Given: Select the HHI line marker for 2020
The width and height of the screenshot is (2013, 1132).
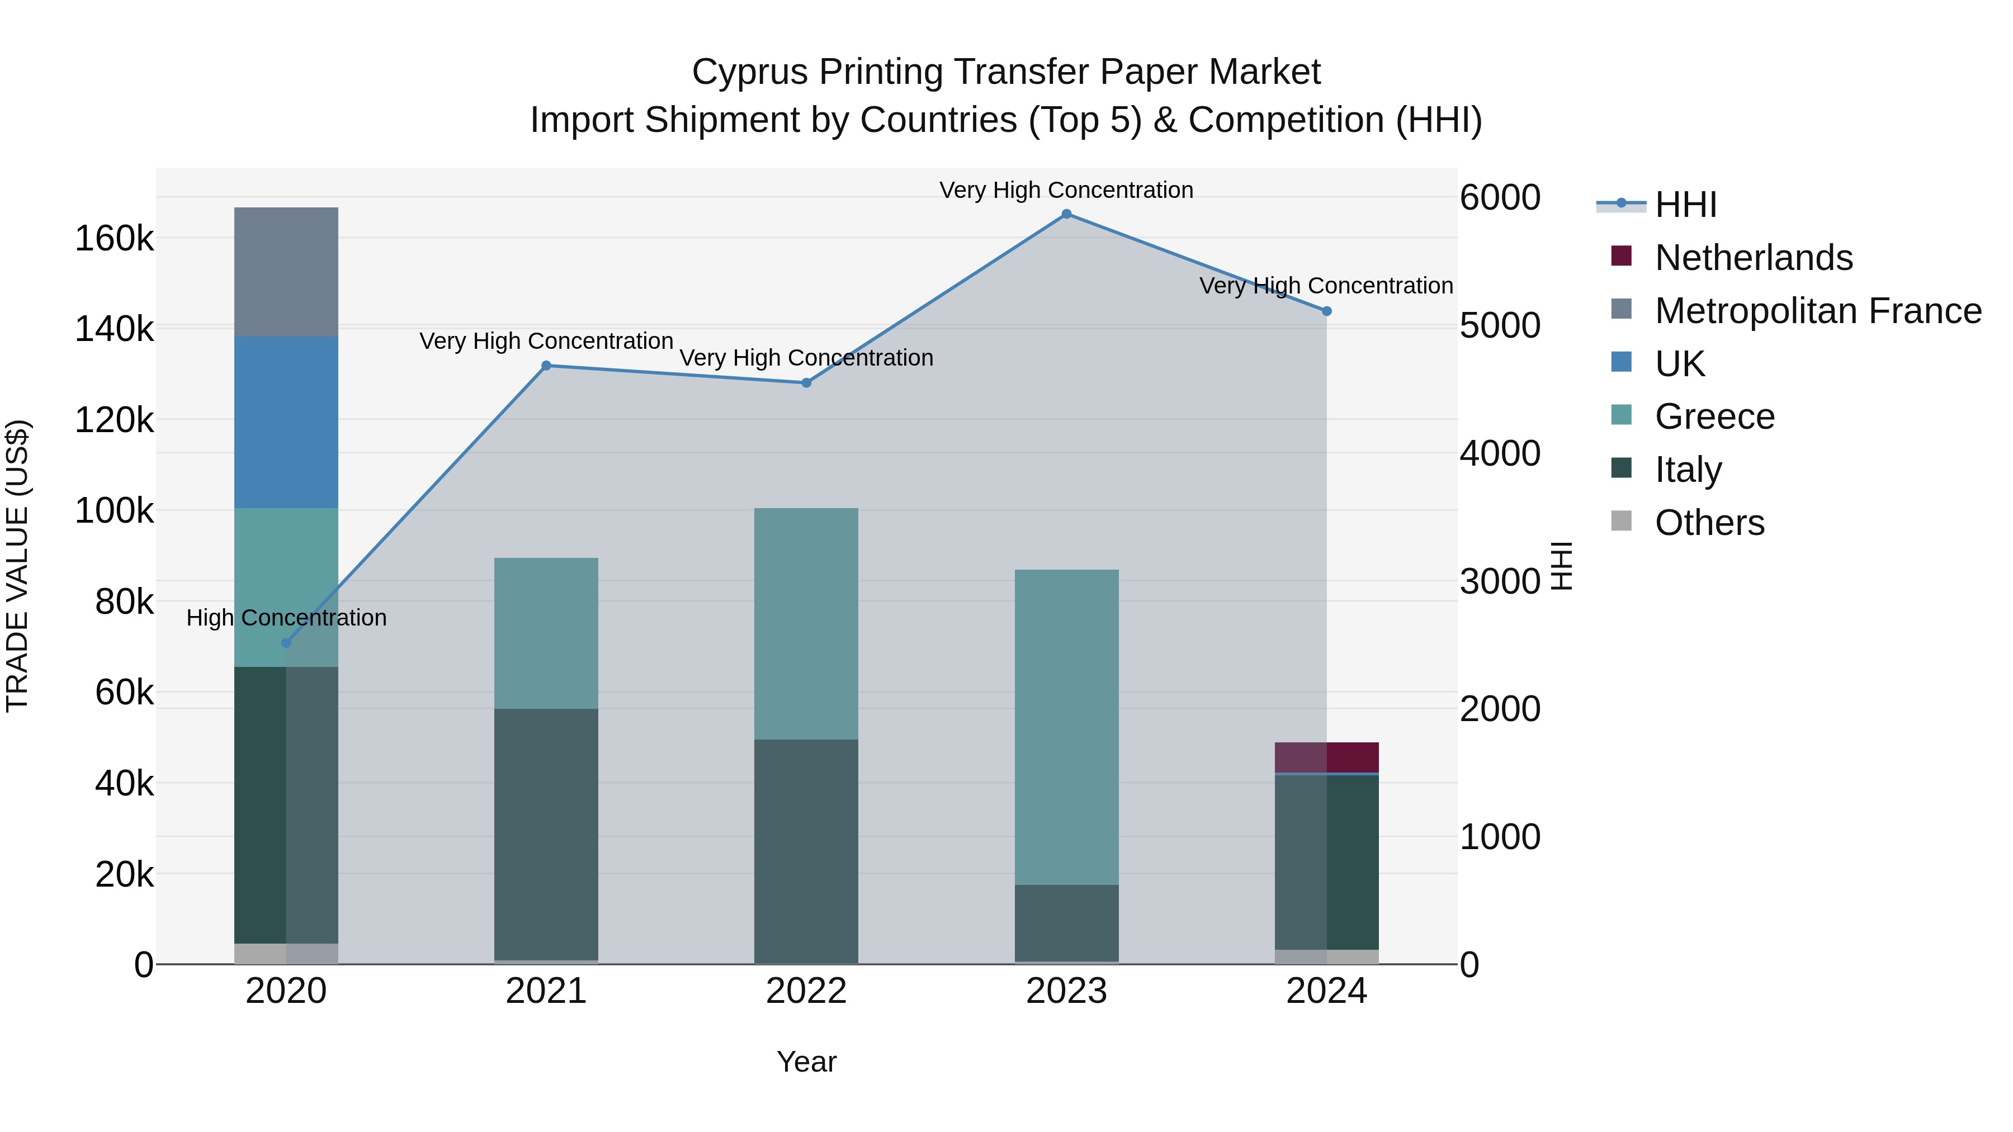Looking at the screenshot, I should [286, 643].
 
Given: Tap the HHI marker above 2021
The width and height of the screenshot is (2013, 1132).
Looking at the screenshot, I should [546, 366].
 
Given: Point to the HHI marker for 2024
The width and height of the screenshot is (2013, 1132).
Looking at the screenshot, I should [1326, 311].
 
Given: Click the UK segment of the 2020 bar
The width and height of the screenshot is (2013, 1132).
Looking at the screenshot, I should [286, 423].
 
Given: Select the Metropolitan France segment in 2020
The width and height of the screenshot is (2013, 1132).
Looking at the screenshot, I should [286, 272].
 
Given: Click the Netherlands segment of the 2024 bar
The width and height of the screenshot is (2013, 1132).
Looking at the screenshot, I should [1326, 757].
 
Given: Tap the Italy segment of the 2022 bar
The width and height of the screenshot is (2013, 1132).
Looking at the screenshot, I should [806, 851].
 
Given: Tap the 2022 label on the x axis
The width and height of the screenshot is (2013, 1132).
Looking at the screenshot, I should [806, 991].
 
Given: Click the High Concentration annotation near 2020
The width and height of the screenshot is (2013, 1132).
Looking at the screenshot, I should [286, 618].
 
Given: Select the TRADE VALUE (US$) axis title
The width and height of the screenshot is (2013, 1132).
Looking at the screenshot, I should [17, 566].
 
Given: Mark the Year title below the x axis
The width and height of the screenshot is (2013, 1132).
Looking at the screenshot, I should [806, 1062].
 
